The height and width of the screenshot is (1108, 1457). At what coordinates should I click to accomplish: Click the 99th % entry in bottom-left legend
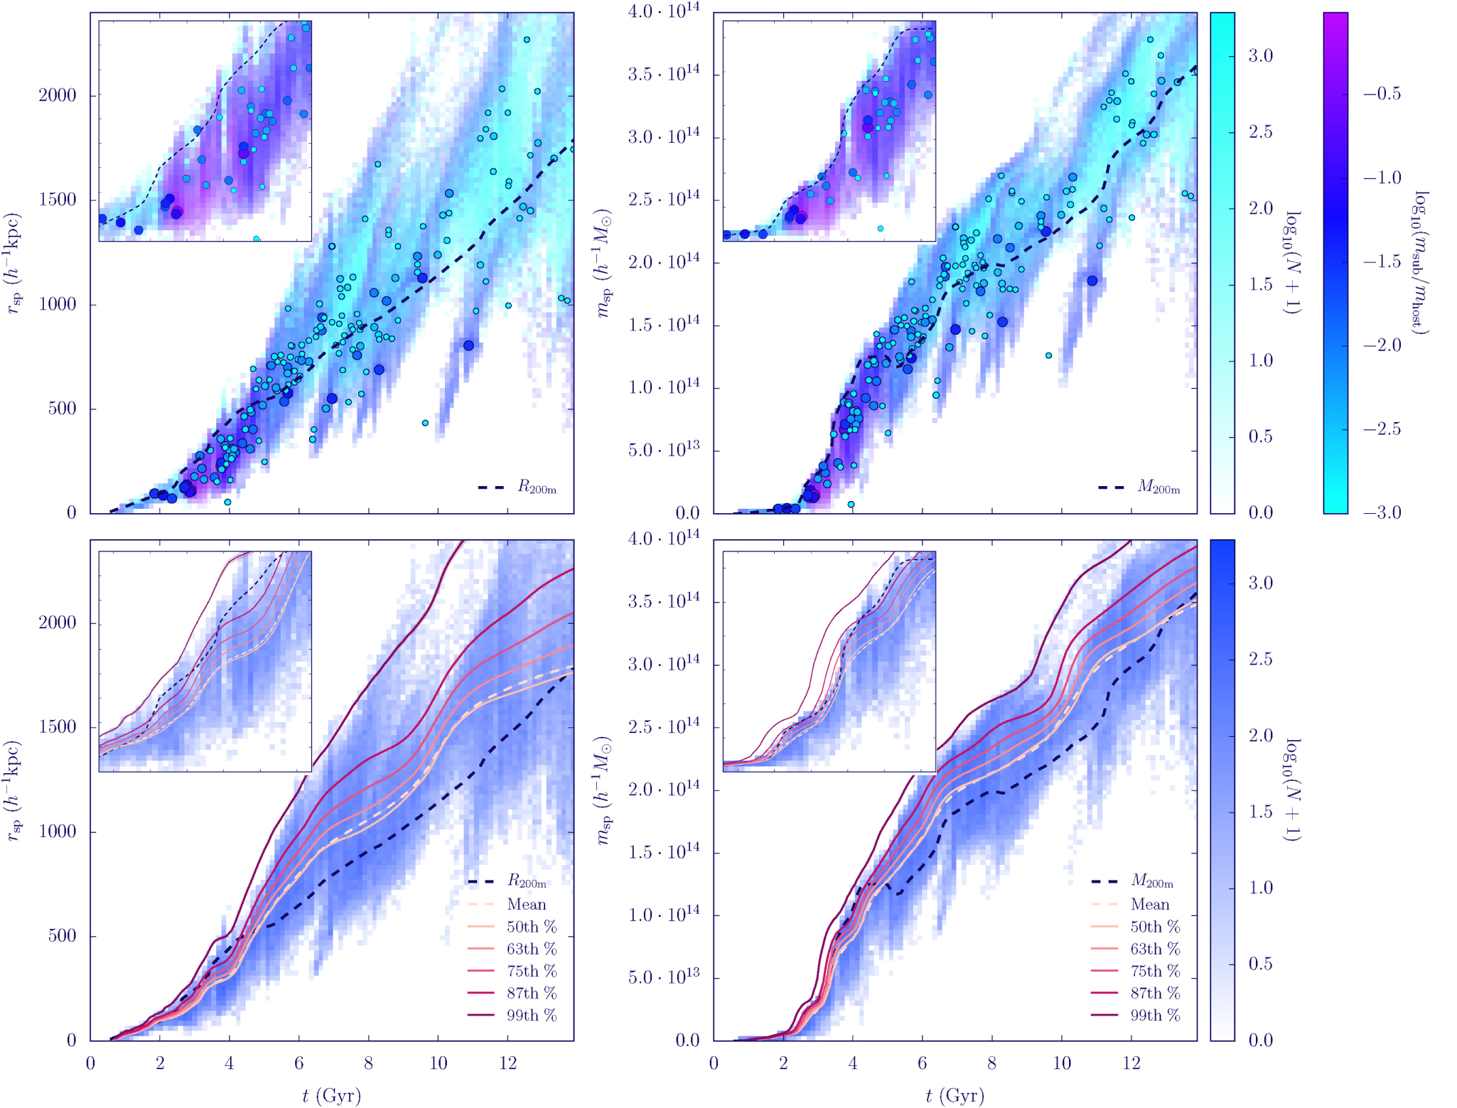(531, 1015)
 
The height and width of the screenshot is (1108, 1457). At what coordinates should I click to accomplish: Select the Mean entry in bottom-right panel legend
(1149, 904)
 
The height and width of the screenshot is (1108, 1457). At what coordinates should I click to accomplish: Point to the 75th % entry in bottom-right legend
(1155, 971)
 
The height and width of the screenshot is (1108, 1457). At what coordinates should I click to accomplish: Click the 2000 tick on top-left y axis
(57, 95)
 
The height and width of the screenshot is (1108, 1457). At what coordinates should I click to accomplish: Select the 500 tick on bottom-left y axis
(62, 935)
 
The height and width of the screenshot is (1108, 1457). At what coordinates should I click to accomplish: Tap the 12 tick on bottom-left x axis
(507, 1063)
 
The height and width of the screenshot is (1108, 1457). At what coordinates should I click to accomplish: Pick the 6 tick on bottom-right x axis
(922, 1063)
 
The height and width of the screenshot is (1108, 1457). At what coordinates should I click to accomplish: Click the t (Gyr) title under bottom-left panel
(331, 1095)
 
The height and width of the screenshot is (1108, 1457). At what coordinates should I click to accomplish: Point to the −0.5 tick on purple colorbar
(1382, 94)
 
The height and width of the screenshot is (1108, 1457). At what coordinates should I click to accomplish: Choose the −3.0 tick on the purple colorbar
(1382, 512)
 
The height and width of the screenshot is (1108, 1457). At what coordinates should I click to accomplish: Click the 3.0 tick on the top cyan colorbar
(1260, 55)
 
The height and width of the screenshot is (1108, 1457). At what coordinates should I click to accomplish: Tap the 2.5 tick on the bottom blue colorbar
(1260, 659)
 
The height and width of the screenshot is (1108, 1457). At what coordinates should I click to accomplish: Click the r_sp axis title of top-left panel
(14, 263)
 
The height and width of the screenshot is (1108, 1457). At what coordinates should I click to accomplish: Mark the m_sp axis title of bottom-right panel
(603, 790)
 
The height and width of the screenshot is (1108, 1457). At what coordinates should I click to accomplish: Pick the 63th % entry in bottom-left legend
(531, 949)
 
